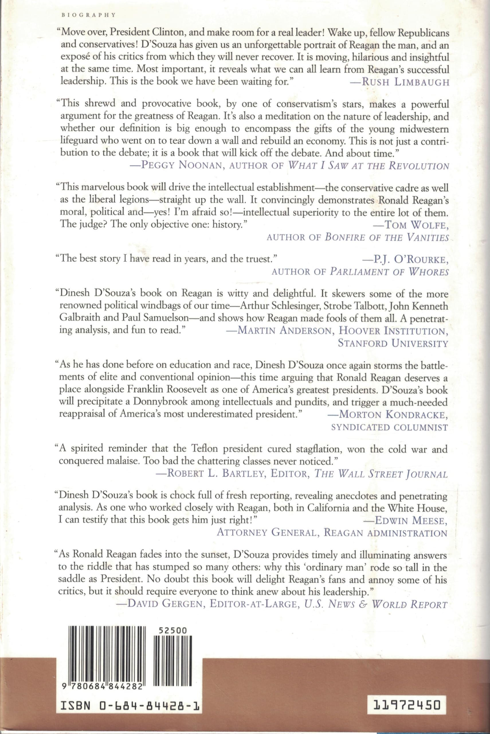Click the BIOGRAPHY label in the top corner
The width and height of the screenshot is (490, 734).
[89, 15]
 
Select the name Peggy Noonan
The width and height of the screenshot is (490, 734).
[182, 165]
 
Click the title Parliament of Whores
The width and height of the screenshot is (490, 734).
[389, 272]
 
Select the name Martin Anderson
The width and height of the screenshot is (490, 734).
[284, 330]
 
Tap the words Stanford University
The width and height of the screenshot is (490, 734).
[393, 343]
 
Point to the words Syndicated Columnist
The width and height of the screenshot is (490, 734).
[389, 427]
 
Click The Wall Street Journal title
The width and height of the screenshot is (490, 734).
[381, 474]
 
